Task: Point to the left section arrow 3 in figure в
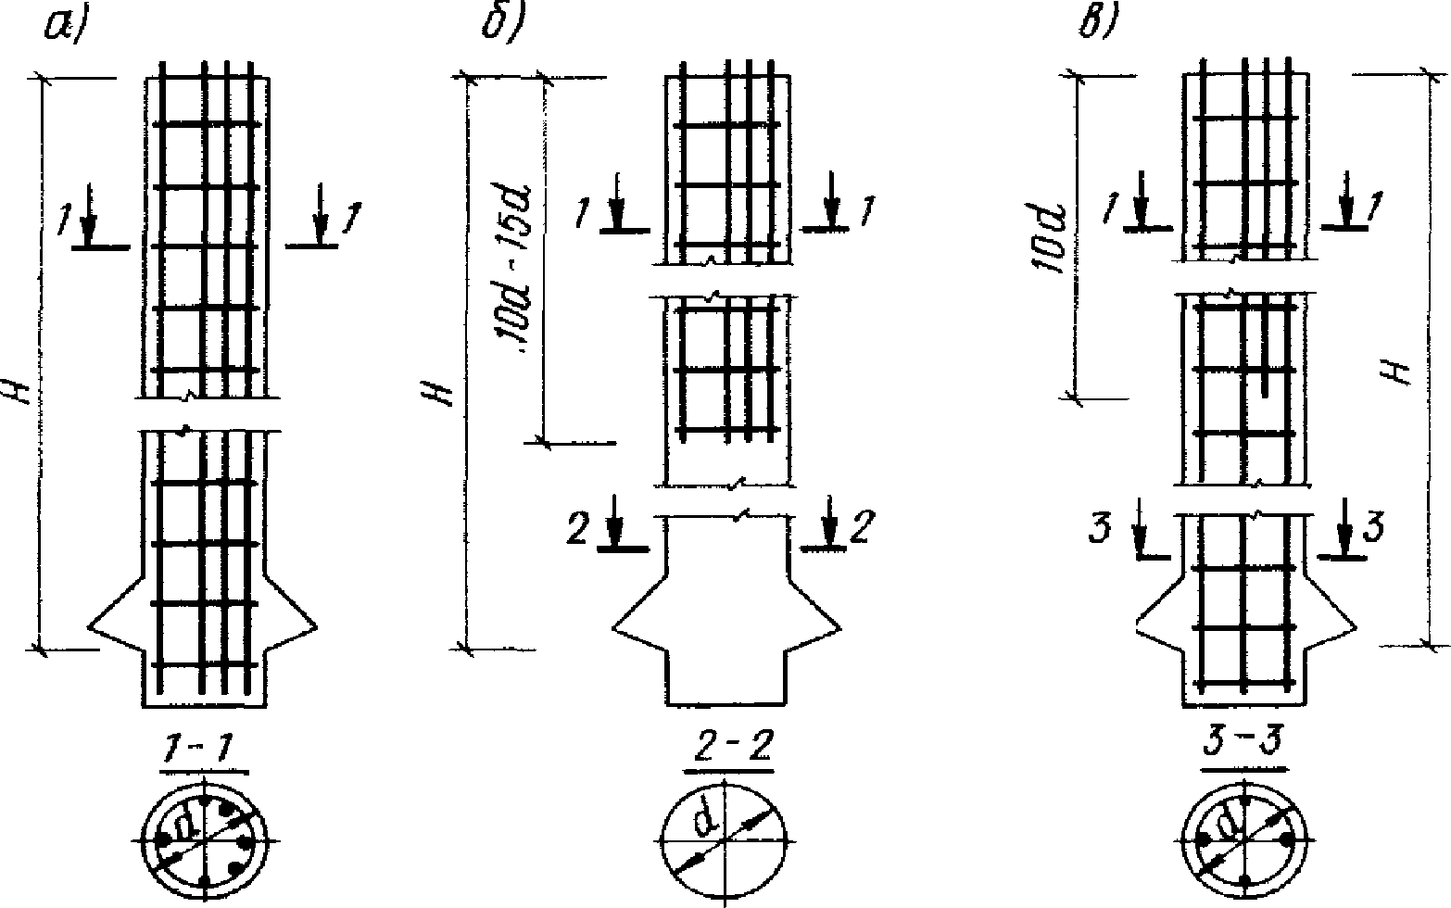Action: coord(1142,536)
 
